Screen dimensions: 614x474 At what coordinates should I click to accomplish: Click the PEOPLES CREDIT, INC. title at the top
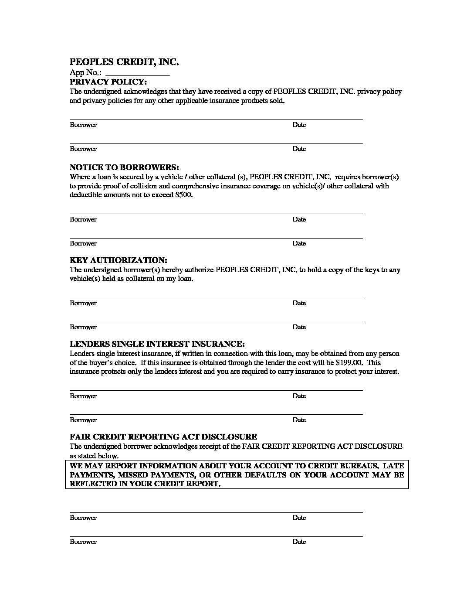click(x=124, y=62)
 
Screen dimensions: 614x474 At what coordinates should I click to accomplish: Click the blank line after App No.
click(x=137, y=73)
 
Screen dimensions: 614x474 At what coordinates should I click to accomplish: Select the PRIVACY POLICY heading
click(x=108, y=82)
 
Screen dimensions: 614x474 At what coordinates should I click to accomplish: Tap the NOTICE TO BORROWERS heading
click(x=124, y=167)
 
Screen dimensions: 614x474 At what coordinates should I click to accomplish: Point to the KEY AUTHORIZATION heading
click(x=118, y=260)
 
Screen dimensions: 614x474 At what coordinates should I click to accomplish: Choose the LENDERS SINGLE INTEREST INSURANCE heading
click(x=157, y=344)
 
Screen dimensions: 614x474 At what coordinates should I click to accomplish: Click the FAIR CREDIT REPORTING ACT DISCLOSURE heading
click(x=163, y=437)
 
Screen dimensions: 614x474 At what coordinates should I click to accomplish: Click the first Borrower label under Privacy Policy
click(x=83, y=125)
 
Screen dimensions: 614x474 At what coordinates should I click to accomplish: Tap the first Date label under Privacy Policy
click(x=299, y=125)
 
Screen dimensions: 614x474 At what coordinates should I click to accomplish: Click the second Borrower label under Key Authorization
click(x=83, y=327)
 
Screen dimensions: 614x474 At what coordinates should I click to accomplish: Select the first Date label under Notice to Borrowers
click(x=299, y=219)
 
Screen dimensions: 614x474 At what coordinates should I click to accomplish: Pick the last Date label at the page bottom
click(x=299, y=542)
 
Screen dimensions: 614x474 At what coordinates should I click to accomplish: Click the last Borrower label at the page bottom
click(x=83, y=542)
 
